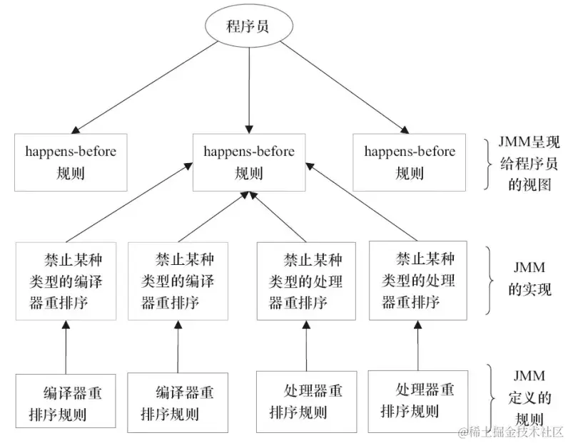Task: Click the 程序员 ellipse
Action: coord(248,28)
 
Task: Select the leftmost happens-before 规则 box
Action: coord(70,162)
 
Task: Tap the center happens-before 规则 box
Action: coord(248,162)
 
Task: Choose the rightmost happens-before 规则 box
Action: coord(409,162)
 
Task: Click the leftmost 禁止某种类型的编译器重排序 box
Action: coord(66,280)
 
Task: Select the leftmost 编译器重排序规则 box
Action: coord(66,402)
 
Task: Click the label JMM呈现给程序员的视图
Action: coord(529,163)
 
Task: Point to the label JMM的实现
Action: coord(529,280)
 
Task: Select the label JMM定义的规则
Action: coord(529,397)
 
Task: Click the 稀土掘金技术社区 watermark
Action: coord(512,432)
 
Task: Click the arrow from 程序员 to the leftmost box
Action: coord(150,85)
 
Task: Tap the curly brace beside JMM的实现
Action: coord(492,280)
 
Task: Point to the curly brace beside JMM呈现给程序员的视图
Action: coord(492,162)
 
